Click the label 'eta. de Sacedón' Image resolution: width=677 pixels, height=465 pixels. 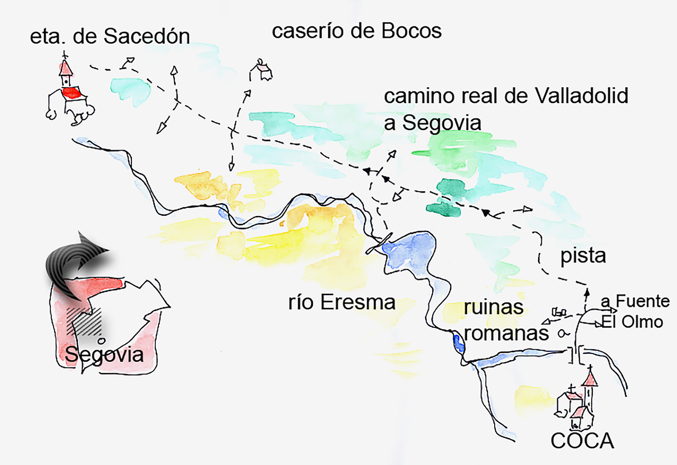pos(110,36)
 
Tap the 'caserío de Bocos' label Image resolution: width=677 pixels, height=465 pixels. pos(356,31)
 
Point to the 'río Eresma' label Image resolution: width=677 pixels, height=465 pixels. pos(342,302)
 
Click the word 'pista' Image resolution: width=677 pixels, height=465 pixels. pos(583,256)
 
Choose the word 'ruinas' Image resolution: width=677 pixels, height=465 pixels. pos(493,307)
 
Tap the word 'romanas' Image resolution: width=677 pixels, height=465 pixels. pos(506,334)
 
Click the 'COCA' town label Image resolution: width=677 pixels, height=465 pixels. pos(582,441)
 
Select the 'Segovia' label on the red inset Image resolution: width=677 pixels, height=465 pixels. pos(104,354)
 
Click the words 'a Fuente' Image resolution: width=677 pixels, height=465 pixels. pos(635,301)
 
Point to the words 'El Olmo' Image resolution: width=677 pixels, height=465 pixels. pos(632,322)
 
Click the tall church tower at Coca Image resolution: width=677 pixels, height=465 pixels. pos(589,389)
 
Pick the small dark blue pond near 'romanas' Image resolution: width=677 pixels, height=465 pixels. pos(458,343)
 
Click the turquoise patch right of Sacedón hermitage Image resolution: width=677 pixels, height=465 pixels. pos(130,89)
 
